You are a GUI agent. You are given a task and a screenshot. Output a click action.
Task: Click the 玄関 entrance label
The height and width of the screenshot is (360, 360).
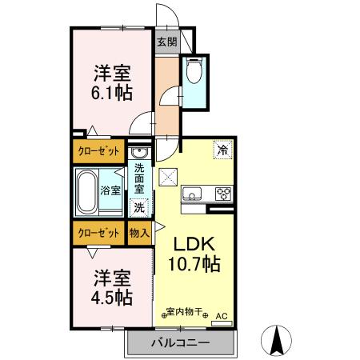[166, 42]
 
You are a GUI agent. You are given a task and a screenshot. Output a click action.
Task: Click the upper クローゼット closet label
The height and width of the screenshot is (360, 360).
[100, 150]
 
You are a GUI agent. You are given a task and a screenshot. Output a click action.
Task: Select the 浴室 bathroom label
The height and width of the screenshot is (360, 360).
[110, 190]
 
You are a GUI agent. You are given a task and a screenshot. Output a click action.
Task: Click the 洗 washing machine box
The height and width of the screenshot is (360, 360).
[139, 206]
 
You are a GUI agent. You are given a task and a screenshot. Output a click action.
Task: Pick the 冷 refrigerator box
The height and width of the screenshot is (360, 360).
[219, 149]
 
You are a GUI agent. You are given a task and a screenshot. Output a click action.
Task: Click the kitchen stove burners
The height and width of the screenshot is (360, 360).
[222, 194]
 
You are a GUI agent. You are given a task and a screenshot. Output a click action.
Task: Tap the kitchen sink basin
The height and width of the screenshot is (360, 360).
[194, 194]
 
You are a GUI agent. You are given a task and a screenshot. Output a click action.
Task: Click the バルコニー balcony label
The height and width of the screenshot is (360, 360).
[180, 343]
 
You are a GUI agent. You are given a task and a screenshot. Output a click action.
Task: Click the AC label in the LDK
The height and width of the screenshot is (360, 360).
[222, 316]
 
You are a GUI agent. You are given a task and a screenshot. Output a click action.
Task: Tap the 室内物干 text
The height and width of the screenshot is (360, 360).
[186, 312]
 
